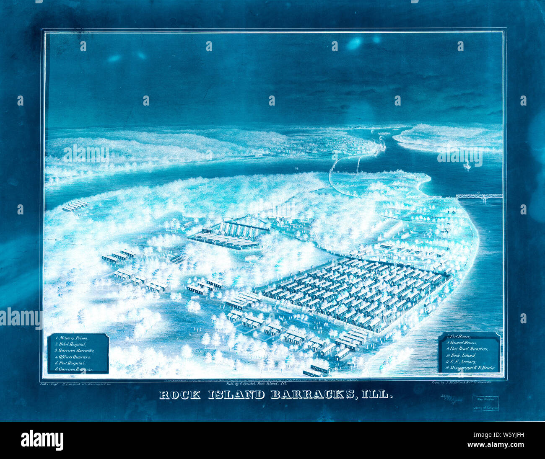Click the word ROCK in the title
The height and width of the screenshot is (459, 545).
[182, 395]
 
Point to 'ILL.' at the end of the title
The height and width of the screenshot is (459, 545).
[378, 395]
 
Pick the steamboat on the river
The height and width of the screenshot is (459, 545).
[467, 165]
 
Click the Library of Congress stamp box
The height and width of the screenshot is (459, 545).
[485, 403]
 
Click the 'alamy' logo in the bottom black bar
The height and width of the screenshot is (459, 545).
[42, 440]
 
